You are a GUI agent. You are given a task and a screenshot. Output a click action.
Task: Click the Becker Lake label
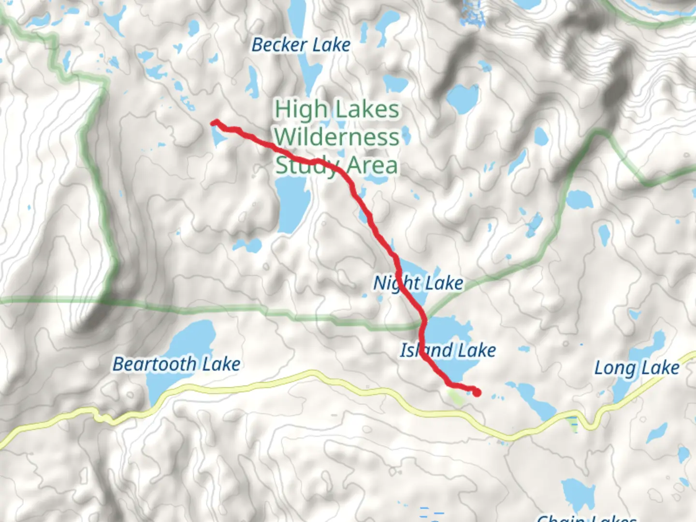pos(301,45)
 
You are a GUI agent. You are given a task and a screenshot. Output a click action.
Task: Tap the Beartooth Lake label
pos(176,364)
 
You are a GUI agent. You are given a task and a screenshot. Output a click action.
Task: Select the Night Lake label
pos(419,283)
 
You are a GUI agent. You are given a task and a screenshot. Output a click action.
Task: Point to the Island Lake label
pos(448,350)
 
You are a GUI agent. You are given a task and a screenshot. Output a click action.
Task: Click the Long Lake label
pos(637,368)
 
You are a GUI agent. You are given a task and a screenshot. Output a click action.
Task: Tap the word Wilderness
pos(337,137)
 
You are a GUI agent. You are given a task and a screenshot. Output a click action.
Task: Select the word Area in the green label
pos(373,166)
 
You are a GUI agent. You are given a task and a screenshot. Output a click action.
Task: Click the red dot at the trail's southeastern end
pos(477,392)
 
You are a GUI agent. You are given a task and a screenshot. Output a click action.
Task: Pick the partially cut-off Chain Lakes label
pos(586,518)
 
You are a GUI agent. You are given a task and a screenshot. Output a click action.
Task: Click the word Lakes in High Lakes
pos(368,109)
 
